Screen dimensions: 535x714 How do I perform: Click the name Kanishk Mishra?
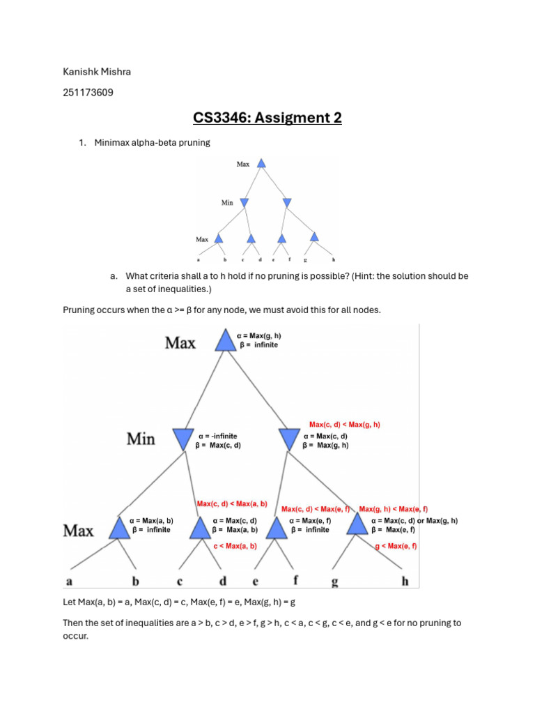pyautogui.click(x=97, y=72)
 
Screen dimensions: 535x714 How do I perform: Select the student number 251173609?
pyautogui.click(x=88, y=93)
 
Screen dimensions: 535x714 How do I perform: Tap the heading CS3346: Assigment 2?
pyautogui.click(x=267, y=117)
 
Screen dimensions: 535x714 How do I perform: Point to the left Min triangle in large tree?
pyautogui.click(x=183, y=439)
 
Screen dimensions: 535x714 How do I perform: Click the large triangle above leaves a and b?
pyautogui.click(x=120, y=529)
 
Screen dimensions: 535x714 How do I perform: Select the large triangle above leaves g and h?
pyautogui.click(x=357, y=524)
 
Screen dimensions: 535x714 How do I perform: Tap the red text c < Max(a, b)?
pyautogui.click(x=235, y=546)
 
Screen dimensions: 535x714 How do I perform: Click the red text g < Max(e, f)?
pyautogui.click(x=396, y=546)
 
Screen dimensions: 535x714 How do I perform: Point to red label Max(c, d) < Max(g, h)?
pyautogui.click(x=345, y=425)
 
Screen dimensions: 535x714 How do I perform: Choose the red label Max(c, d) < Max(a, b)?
pyautogui.click(x=232, y=503)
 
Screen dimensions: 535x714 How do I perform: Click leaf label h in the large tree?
pyautogui.click(x=405, y=581)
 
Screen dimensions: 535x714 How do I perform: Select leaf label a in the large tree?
pyautogui.click(x=69, y=582)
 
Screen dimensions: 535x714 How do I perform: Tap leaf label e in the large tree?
pyautogui.click(x=255, y=582)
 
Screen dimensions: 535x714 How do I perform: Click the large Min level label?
pyautogui.click(x=141, y=439)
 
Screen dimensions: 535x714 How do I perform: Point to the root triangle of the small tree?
pyautogui.click(x=261, y=163)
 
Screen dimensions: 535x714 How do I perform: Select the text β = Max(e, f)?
pyautogui.click(x=394, y=530)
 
